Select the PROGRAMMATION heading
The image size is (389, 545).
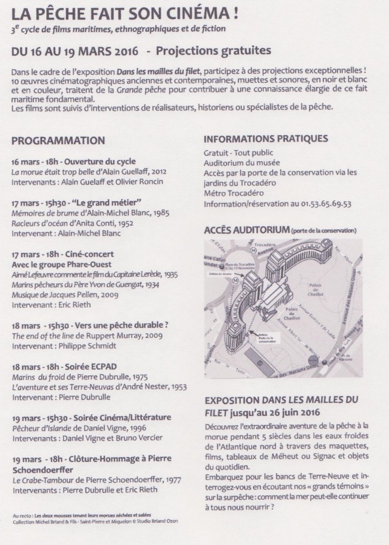click(58, 141)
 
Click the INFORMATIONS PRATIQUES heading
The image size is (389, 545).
click(265, 139)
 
